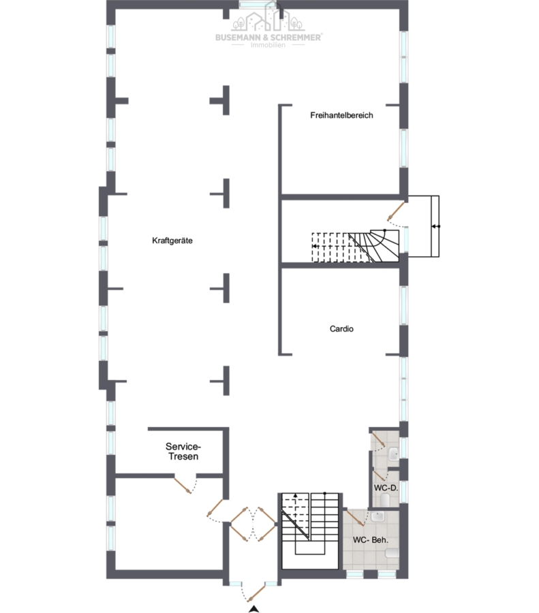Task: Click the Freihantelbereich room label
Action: pos(341,115)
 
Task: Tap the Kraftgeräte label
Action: pos(172,240)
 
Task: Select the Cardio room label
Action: pos(341,329)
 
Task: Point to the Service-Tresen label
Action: pos(183,452)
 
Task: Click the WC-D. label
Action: pos(386,488)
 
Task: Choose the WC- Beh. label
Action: pos(371,540)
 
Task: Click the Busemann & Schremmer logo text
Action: pos(268,37)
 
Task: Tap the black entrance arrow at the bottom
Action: pos(254,608)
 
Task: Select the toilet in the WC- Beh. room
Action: pos(392,553)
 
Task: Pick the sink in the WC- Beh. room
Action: pos(378,517)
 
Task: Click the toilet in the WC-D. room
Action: pos(385,499)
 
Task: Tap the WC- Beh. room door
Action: pos(354,517)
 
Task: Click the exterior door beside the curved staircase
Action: pos(396,211)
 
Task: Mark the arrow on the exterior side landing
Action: pos(435,226)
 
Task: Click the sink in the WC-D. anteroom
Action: pos(393,454)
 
